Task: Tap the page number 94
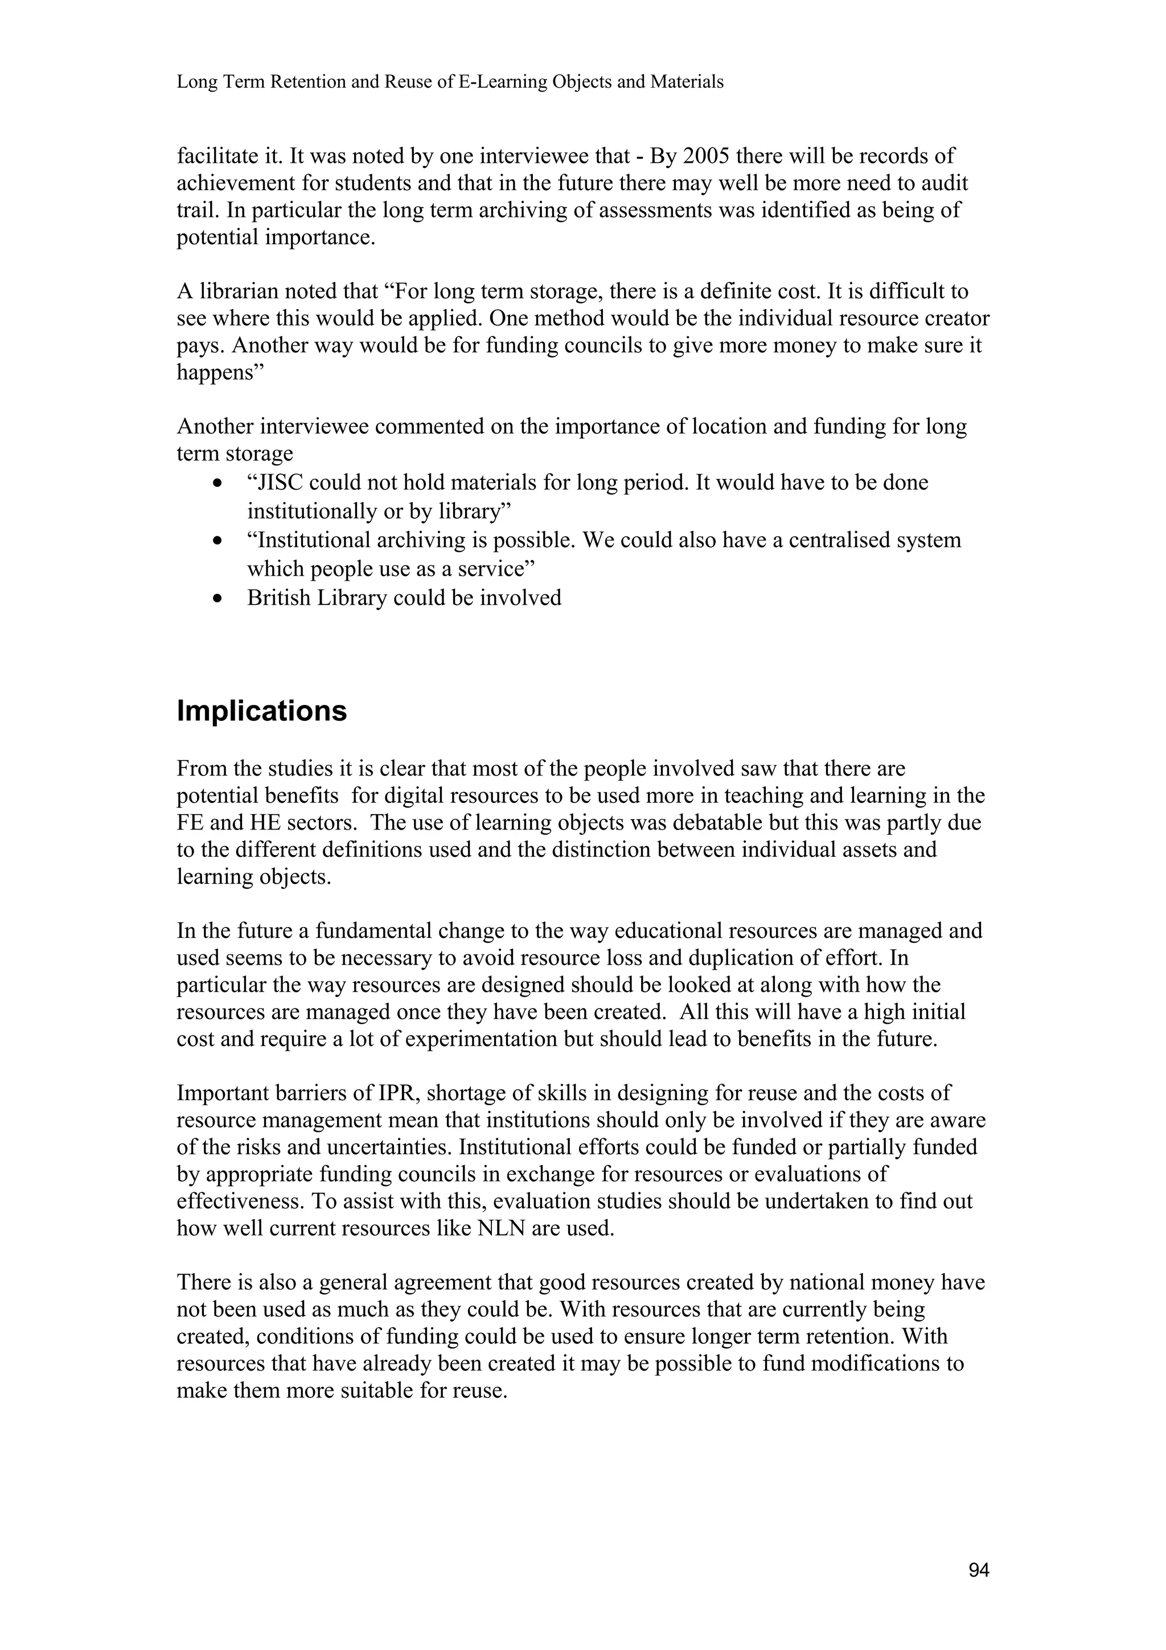coord(979,1571)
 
